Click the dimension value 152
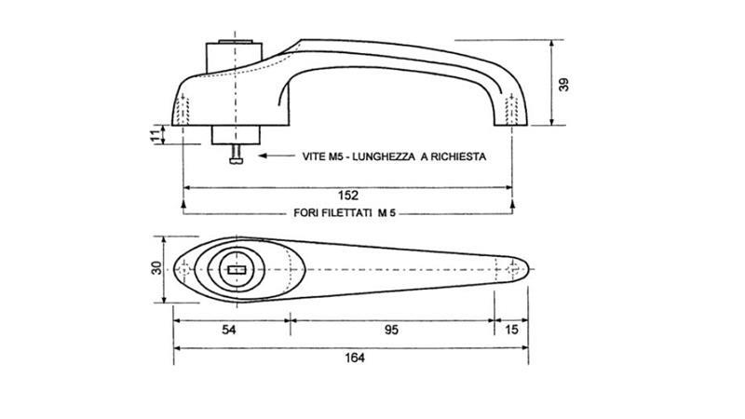click(x=347, y=196)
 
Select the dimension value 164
click(x=355, y=358)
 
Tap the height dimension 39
click(x=563, y=85)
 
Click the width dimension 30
click(x=156, y=268)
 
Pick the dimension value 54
click(x=228, y=330)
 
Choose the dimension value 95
click(x=391, y=330)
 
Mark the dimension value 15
click(x=511, y=330)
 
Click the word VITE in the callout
click(x=314, y=156)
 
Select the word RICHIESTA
click(x=458, y=156)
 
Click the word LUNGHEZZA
click(x=384, y=156)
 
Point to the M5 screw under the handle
click(x=236, y=154)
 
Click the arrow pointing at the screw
click(x=277, y=155)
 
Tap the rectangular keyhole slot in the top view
click(x=237, y=270)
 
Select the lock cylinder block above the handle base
click(x=235, y=57)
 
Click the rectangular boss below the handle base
click(x=236, y=135)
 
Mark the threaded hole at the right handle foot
click(x=511, y=110)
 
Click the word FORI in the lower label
click(x=305, y=213)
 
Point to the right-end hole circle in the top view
click(x=512, y=269)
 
